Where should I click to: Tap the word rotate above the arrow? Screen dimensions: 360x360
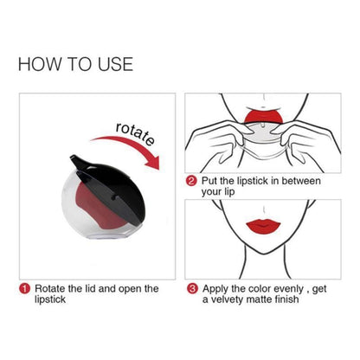[x=135, y=134]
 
